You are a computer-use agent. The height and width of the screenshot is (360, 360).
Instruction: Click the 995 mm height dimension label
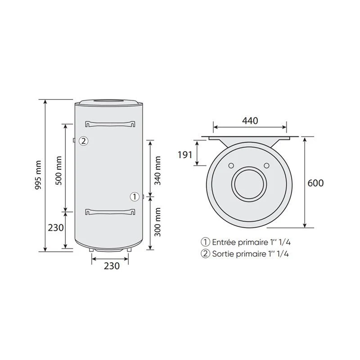coord(38,175)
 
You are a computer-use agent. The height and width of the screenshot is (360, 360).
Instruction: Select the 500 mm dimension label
coord(58,171)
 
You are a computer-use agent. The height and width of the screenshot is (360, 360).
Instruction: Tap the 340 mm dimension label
coord(157,171)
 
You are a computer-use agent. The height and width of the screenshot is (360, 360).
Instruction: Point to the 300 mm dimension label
coord(157,222)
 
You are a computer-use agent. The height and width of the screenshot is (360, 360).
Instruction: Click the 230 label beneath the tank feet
coord(112,266)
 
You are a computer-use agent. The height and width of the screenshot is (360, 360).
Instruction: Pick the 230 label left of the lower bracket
coord(56,228)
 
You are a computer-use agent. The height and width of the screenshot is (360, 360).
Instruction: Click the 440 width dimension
coord(250,121)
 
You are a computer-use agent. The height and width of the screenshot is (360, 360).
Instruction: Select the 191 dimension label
coord(185,155)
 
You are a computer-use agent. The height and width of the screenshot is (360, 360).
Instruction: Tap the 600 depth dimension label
coord(315,183)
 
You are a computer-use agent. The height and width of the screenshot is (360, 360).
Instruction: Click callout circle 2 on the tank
coord(84,141)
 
